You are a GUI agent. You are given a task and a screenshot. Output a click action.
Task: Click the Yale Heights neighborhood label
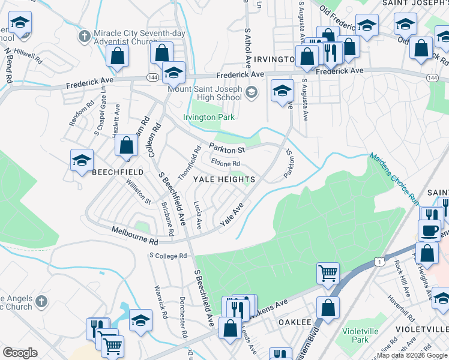click(x=224, y=179)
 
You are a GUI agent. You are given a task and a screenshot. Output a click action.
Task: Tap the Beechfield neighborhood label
click(x=118, y=172)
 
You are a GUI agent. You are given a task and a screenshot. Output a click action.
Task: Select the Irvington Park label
click(x=209, y=118)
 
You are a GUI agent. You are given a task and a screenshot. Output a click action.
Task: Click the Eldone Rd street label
click(x=226, y=163)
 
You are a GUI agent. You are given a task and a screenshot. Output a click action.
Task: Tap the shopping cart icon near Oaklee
click(x=328, y=273)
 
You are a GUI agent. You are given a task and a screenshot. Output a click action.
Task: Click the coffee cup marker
click(x=429, y=230)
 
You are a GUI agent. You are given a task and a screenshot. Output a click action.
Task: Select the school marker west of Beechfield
click(x=82, y=160)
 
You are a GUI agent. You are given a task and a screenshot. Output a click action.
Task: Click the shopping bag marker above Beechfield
click(x=126, y=145)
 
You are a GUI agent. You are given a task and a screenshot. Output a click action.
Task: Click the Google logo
click(x=20, y=353)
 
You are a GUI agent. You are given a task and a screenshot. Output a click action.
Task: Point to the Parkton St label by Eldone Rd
click(x=228, y=148)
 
